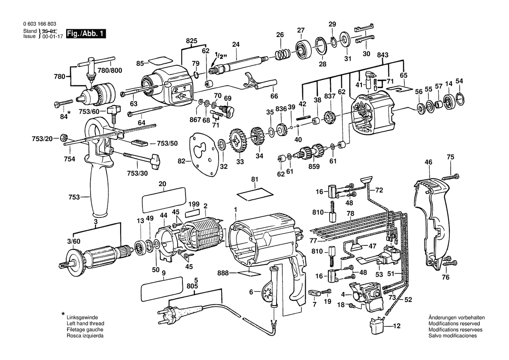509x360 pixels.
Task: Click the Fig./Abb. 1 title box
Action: tap(86, 34)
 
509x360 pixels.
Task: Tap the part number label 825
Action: tap(192, 41)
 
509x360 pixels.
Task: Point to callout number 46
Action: tap(428, 162)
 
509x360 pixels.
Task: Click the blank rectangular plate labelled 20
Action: tap(164, 200)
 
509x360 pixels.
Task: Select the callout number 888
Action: tap(223, 273)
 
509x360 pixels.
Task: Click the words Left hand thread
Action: tap(85, 324)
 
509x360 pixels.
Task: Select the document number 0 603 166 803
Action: tap(40, 24)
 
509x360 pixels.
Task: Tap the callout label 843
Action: tap(383, 55)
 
